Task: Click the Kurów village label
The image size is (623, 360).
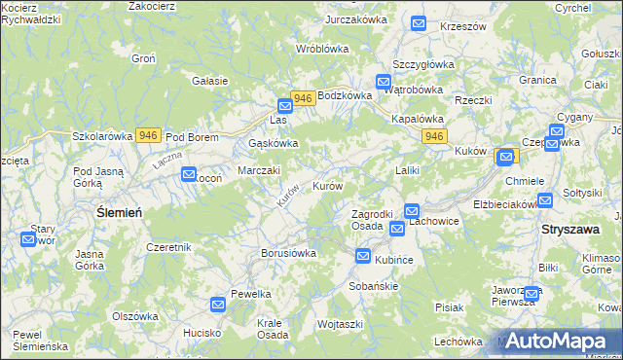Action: coord(327,186)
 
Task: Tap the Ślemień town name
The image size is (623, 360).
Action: coord(120,211)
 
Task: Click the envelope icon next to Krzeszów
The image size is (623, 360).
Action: coord(419,24)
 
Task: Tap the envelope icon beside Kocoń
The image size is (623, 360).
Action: coord(189,173)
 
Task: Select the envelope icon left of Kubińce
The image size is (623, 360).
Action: coord(363,257)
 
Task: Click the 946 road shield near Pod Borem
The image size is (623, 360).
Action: coord(148,136)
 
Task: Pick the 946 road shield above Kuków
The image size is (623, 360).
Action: coord(434,137)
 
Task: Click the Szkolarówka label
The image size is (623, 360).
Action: coord(102,137)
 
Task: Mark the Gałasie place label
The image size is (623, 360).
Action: coord(210,81)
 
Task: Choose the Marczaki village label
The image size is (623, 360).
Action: coord(260,170)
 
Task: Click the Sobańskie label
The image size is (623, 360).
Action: coord(375,287)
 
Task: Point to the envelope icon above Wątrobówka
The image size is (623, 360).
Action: coord(384,83)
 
